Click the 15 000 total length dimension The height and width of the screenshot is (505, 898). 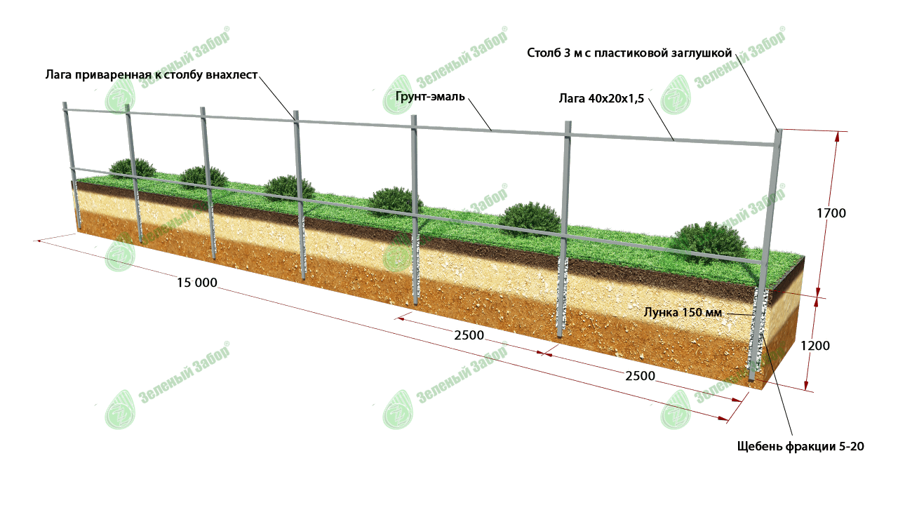[197, 283]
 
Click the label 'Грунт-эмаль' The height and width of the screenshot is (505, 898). [430, 97]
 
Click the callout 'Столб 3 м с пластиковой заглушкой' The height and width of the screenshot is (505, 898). [629, 53]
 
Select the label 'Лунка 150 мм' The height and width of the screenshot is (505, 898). [683, 312]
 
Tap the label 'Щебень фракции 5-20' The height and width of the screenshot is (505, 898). [799, 446]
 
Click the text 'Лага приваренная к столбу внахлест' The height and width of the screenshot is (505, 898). [152, 74]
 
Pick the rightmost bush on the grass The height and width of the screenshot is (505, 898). [708, 241]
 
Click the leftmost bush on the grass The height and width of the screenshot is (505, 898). [132, 167]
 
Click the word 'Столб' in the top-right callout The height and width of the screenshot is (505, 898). [542, 53]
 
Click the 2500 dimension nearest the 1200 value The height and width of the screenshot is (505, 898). [640, 376]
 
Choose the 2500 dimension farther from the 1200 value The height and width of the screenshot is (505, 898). [469, 335]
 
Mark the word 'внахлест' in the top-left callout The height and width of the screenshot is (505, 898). [236, 74]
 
